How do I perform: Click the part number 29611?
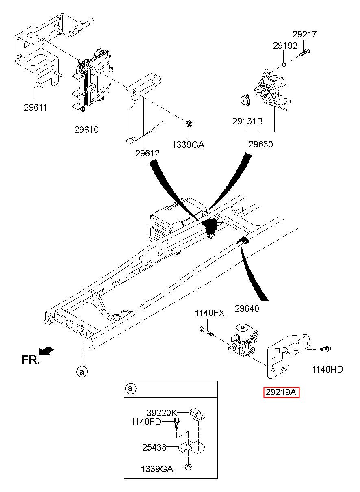coord(35,107)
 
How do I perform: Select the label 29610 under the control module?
coord(86,130)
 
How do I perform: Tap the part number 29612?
coord(147,153)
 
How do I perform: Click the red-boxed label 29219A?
coord(281,392)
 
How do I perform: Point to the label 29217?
coord(304,34)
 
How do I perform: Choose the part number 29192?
coord(285,46)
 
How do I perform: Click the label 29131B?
coord(247,121)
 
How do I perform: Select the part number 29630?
coord(261,144)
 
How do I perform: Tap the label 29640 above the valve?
coord(247,309)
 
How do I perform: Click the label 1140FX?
coord(210,313)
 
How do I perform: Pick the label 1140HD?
coord(327,369)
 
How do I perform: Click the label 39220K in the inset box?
coord(162,413)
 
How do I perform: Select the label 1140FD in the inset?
coord(146,422)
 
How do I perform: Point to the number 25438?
coord(154,447)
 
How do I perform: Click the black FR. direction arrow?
coord(46,351)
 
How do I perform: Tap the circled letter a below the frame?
coord(82,372)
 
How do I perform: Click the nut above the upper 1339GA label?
coord(189,124)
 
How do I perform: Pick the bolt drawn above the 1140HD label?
coord(325,349)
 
